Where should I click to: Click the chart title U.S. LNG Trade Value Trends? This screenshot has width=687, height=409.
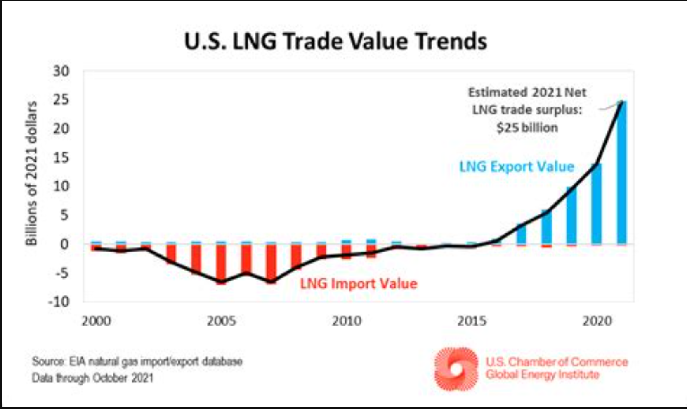(x=335, y=41)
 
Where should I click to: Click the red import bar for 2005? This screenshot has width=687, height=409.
(x=221, y=264)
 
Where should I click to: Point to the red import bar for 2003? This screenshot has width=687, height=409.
(x=171, y=254)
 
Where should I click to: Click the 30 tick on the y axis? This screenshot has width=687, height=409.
(x=61, y=71)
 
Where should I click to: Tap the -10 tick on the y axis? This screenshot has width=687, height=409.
(x=59, y=302)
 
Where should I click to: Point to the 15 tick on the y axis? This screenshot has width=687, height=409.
(x=61, y=158)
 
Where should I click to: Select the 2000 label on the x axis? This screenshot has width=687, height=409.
(x=96, y=321)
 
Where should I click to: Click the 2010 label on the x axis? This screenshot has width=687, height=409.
(x=347, y=321)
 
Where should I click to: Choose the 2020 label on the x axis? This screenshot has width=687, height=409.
(x=597, y=321)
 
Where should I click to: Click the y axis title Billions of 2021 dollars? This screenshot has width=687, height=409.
(x=32, y=174)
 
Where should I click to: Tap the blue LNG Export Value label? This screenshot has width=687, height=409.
(x=517, y=166)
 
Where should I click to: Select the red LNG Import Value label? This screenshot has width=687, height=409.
(x=359, y=283)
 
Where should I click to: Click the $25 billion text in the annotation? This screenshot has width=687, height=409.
(x=527, y=128)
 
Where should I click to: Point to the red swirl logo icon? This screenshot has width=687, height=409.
(x=456, y=369)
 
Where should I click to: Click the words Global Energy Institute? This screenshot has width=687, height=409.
(x=542, y=375)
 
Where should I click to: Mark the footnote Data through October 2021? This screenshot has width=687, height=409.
(x=92, y=378)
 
